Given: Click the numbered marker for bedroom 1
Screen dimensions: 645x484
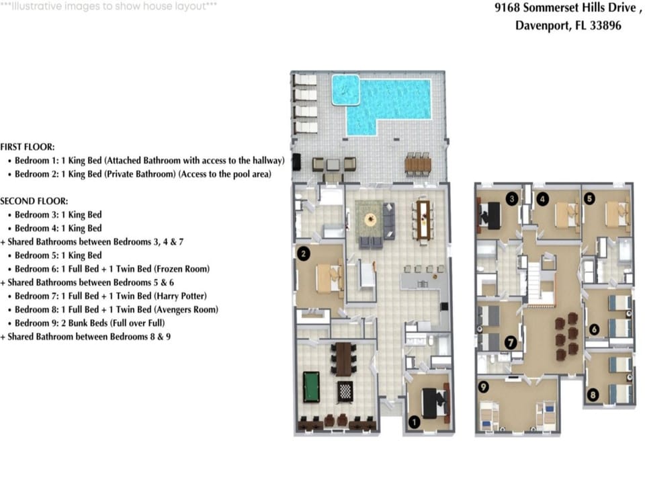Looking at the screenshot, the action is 415,422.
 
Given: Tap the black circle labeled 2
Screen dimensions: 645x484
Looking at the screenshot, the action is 304,253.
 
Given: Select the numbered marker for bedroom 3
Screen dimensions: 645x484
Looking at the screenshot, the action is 512,199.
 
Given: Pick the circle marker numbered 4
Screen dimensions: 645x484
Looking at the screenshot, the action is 543,199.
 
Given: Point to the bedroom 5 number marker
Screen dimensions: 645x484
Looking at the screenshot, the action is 589,198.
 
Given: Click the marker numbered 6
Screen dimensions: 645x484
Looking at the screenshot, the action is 594,329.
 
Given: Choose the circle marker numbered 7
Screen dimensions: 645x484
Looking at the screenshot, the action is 511,342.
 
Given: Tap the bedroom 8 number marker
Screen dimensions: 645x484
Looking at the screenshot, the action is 593,395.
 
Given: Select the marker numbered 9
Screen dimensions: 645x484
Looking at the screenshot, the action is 484,387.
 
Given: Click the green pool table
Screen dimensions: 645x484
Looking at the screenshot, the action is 311,387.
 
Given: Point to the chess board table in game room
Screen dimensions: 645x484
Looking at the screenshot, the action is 345,391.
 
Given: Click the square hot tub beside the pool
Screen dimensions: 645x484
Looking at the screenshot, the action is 345,89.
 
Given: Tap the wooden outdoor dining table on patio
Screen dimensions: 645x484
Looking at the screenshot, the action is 417,165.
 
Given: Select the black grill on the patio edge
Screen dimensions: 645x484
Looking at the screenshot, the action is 297,163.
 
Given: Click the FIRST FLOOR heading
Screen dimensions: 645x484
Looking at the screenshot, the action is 28,147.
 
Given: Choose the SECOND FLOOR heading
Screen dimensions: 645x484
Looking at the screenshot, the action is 34,201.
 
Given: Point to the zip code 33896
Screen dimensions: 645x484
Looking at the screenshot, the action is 605,26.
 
